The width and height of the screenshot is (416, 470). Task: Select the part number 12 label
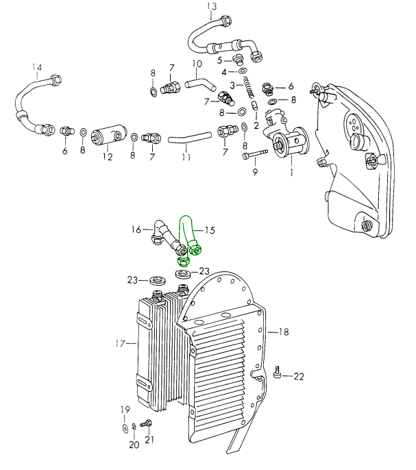(x=107, y=157)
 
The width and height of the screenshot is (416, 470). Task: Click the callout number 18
(x=283, y=332)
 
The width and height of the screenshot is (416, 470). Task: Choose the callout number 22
(x=299, y=376)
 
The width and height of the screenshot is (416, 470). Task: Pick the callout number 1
(x=291, y=173)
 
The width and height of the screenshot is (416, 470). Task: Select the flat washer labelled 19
(x=123, y=428)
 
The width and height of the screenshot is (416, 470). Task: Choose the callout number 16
(x=136, y=229)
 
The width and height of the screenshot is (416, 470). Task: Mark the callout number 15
(x=210, y=230)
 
